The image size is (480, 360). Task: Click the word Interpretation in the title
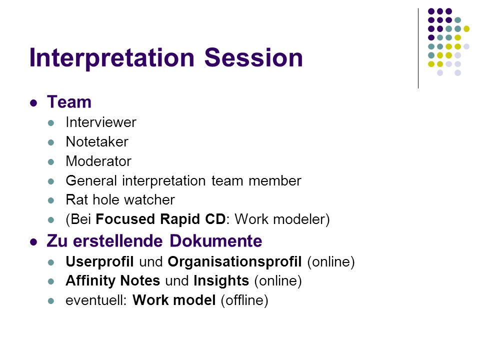pyautogui.click(x=112, y=58)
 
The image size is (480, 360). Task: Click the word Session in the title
pyautogui.click(x=253, y=57)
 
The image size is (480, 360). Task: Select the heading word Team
pyautogui.click(x=69, y=102)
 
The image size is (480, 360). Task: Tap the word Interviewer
pyautogui.click(x=101, y=122)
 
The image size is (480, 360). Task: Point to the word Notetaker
pyautogui.click(x=97, y=141)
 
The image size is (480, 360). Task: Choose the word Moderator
pyautogui.click(x=98, y=161)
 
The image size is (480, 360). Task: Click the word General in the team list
pyautogui.click(x=91, y=180)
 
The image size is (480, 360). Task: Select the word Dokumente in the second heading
pyautogui.click(x=216, y=241)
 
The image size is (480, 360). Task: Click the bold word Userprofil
pyautogui.click(x=99, y=262)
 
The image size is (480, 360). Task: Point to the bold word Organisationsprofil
pyautogui.click(x=234, y=262)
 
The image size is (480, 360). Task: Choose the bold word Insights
pyautogui.click(x=221, y=281)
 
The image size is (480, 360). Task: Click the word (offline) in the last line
pyautogui.click(x=244, y=300)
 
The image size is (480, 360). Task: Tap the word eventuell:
pyautogui.click(x=96, y=300)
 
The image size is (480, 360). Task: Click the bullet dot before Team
pyautogui.click(x=33, y=102)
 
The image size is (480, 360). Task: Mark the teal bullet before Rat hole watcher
pyautogui.click(x=51, y=200)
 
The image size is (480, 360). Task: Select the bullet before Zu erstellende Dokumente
pyautogui.click(x=33, y=242)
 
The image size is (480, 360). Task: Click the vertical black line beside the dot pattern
pyautogui.click(x=418, y=48)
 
